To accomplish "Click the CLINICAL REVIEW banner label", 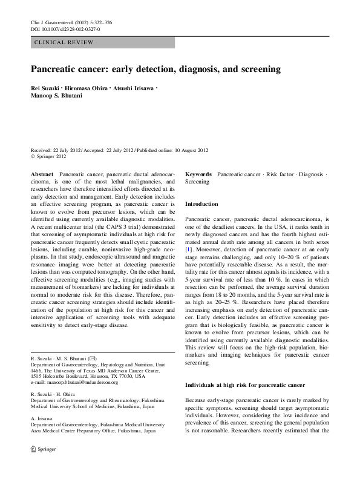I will tap(65, 42).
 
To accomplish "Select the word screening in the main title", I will tap(257, 70).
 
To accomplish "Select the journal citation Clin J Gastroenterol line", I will tap(70, 22).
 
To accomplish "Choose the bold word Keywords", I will tap(198, 174).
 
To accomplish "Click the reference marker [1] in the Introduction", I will tap(189, 248).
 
